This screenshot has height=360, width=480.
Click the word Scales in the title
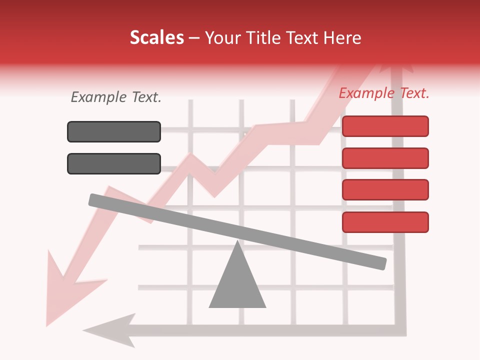156,38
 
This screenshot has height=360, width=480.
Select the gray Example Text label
116,97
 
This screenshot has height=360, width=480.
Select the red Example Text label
384,93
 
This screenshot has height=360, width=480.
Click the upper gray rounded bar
114,131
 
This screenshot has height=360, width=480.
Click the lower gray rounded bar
114,163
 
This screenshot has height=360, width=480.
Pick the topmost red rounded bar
385,126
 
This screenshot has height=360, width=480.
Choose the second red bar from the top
385,158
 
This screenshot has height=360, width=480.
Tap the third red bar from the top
385,189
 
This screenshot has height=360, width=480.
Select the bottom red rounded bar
385,222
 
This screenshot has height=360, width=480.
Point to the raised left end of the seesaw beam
95,200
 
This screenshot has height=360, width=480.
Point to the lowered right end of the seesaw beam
380,263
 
